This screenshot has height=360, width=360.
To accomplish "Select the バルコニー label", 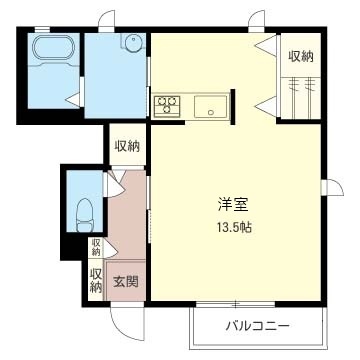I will click(256, 326).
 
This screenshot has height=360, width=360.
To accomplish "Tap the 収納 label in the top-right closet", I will click(300, 57).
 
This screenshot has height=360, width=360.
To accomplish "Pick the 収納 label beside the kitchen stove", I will click(127, 146).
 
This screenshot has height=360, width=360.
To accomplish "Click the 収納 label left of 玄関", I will click(97, 280).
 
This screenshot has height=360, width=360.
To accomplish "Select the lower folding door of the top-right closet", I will click(266, 104).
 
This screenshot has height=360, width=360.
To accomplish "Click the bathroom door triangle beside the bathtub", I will click(72, 97).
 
